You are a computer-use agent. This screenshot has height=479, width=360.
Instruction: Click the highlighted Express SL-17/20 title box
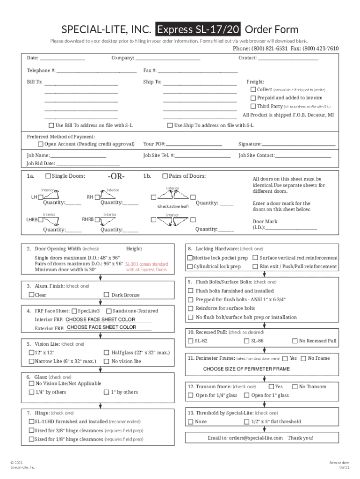tap(199, 30)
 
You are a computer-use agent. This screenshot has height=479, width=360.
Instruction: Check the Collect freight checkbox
tap(253, 89)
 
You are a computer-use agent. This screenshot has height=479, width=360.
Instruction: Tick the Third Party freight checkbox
tap(253, 106)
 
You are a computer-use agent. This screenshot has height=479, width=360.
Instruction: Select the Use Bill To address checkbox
tap(52, 125)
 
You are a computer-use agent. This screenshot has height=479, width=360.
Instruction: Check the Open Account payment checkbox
tap(41, 144)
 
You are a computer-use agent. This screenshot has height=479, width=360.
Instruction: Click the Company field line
tap(167, 58)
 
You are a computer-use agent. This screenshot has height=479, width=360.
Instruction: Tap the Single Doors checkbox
tap(48, 176)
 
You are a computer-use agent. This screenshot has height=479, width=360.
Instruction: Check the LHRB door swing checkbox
tap(40, 219)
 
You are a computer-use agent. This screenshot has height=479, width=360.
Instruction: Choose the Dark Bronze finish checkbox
tap(106, 295)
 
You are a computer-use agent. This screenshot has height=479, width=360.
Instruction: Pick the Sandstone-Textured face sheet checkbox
tap(109, 311)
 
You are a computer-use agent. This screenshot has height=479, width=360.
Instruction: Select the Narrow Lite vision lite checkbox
tap(32, 361)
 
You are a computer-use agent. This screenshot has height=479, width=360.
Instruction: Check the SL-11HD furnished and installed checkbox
tap(32, 421)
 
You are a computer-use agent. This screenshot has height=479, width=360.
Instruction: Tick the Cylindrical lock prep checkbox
tap(190, 267)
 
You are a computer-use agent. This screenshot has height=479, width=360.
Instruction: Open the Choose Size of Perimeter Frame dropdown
tap(246, 369)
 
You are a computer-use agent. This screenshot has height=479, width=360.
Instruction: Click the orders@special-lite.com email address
tap(255, 438)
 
